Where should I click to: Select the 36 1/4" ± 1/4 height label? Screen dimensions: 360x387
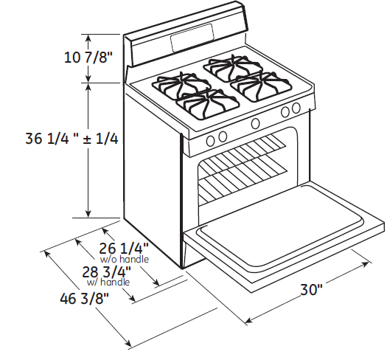(72, 139)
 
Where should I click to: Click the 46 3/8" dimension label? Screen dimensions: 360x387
(85, 299)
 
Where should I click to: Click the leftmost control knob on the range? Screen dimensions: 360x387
(209, 140)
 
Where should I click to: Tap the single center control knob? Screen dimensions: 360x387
(255, 123)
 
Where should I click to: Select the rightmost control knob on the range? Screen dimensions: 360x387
(296, 108)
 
